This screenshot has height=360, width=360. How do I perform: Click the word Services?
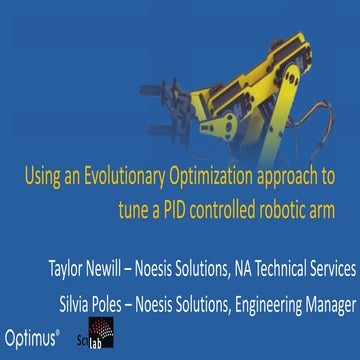click(336, 269)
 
